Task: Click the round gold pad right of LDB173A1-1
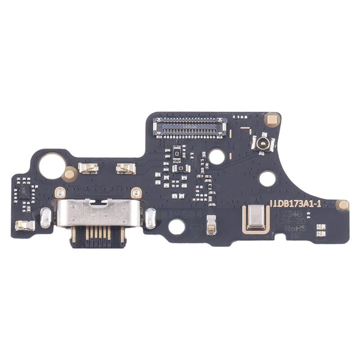pyautogui.click(x=344, y=205)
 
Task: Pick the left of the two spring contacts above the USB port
pyautogui.click(x=88, y=168)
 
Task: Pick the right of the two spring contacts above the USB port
pyautogui.click(x=126, y=168)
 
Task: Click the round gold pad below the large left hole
pyautogui.click(x=69, y=172)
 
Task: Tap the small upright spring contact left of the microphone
pyautogui.click(x=211, y=225)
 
